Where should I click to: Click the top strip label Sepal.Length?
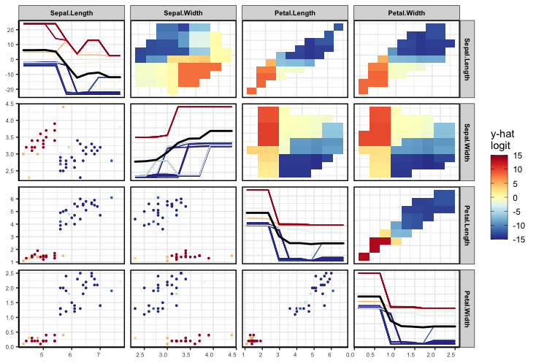tap(71, 14)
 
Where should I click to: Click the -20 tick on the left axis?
tap(9, 89)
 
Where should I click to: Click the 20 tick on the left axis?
tap(10, 30)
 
